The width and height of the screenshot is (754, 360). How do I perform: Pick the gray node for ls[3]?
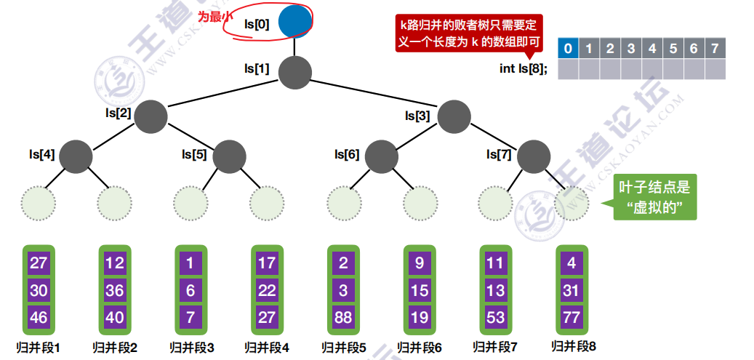pos(453,116)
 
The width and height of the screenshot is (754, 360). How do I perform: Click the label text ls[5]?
pos(194,155)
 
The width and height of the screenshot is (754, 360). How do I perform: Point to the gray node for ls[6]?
pos(382,155)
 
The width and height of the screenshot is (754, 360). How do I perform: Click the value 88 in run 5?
pos(343,316)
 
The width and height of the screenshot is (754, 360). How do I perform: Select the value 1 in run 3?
pos(191,263)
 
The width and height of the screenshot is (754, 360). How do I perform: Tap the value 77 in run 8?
pos(571,316)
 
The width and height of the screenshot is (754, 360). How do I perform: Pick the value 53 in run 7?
pos(495,316)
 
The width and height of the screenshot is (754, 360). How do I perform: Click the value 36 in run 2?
pos(115,290)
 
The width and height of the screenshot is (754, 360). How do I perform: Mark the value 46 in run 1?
pos(39,316)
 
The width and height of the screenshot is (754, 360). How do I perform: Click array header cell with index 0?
pos(568,49)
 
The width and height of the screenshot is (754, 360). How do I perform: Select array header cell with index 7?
pos(715,49)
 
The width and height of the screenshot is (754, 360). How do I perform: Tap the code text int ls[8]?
pos(523,68)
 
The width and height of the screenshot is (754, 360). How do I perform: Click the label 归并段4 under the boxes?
pos(267,348)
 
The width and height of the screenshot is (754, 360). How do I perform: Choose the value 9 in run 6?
pos(420,263)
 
